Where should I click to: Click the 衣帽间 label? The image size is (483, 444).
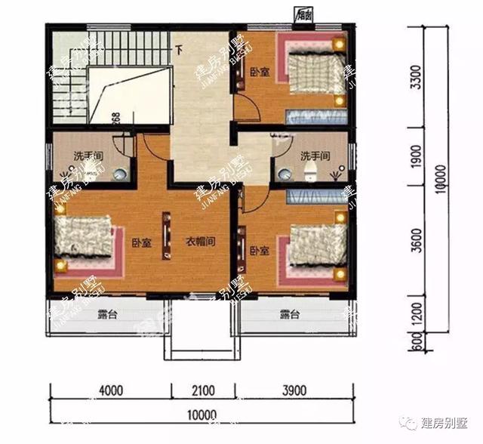[202, 242]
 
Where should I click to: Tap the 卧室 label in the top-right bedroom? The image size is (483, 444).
[260, 72]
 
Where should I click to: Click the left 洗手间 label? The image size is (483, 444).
[88, 156]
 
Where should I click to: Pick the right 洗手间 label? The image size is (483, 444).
[315, 156]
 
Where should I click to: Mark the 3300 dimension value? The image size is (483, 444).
[414, 76]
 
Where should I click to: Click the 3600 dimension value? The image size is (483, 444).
[414, 243]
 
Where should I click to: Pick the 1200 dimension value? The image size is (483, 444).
[414, 313]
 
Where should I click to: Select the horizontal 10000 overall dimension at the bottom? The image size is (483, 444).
[201, 414]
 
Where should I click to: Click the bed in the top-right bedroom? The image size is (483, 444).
[314, 76]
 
